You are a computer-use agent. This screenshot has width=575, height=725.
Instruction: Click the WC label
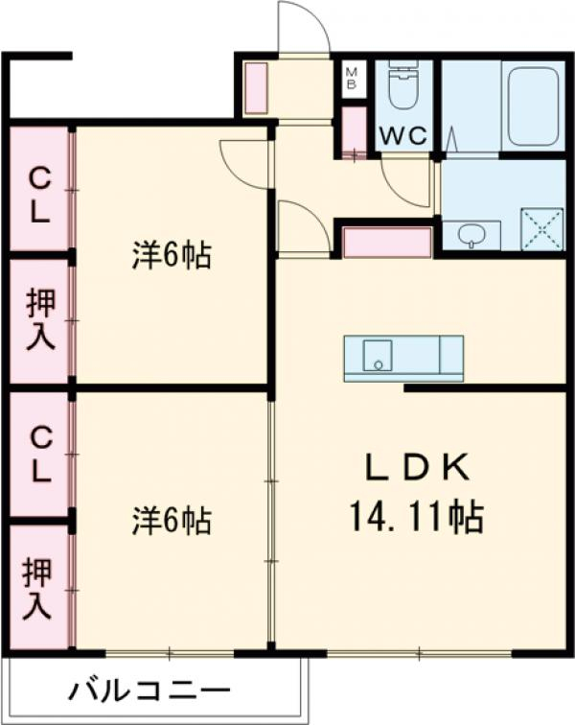pyautogui.click(x=403, y=136)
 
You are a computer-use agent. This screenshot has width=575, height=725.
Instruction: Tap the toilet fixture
pyautogui.click(x=402, y=88)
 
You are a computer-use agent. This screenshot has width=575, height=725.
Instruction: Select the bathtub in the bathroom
pyautogui.click(x=533, y=105)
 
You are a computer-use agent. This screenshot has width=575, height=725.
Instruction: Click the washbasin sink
pyautogui.click(x=471, y=234)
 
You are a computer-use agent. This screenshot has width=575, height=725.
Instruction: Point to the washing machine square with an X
pyautogui.click(x=541, y=229)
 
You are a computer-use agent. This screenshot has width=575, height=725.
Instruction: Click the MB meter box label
pyautogui.click(x=352, y=77)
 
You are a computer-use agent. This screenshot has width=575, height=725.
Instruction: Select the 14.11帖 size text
pyautogui.click(x=417, y=518)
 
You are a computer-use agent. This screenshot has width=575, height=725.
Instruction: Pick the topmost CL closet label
pyautogui.click(x=38, y=193)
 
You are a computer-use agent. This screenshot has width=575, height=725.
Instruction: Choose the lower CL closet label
pyautogui.click(x=38, y=456)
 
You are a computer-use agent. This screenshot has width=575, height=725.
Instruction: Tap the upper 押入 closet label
pyautogui.click(x=38, y=321)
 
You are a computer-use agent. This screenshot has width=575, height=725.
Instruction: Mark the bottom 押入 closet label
pyautogui.click(x=38, y=587)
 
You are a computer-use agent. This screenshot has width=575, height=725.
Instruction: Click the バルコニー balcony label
pyautogui.click(x=149, y=690)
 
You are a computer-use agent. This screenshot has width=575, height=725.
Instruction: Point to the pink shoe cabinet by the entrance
pyautogui.click(x=255, y=88)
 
